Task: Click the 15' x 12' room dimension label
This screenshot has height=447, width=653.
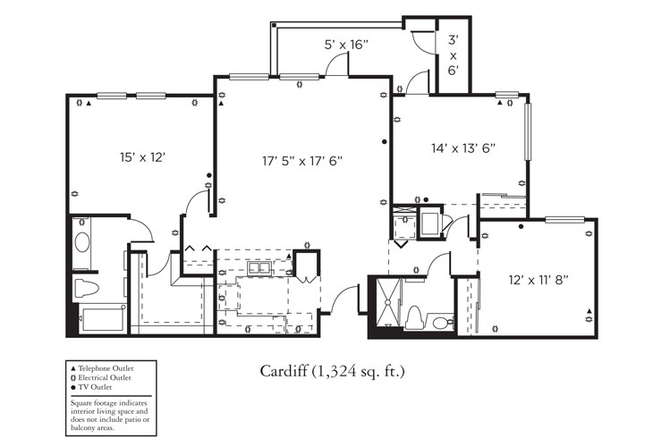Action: click(x=143, y=156)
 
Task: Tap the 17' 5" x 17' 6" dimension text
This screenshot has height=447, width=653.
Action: click(x=302, y=161)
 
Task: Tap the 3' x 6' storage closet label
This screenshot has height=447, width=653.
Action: click(x=454, y=55)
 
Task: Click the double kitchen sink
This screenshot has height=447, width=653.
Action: click(x=260, y=268)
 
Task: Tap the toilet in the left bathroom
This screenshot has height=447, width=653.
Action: click(x=86, y=288)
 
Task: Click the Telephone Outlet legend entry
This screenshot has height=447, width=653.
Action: click(x=103, y=367)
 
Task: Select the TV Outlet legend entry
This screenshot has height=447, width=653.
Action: click(x=94, y=387)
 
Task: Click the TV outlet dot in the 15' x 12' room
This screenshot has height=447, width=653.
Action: click(x=209, y=175)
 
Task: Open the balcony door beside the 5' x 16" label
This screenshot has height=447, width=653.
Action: click(x=337, y=64)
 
